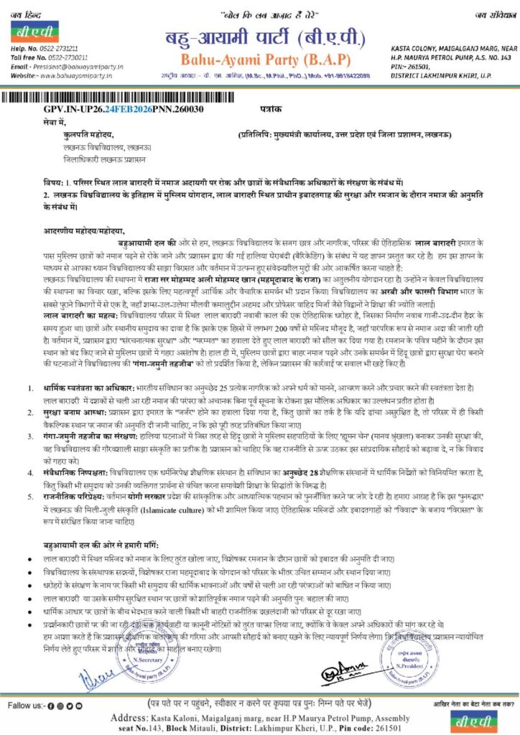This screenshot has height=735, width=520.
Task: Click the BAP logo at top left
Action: point(34,33)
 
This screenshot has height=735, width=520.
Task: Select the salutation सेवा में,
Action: point(55,122)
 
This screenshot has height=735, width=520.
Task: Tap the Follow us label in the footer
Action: point(27,706)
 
